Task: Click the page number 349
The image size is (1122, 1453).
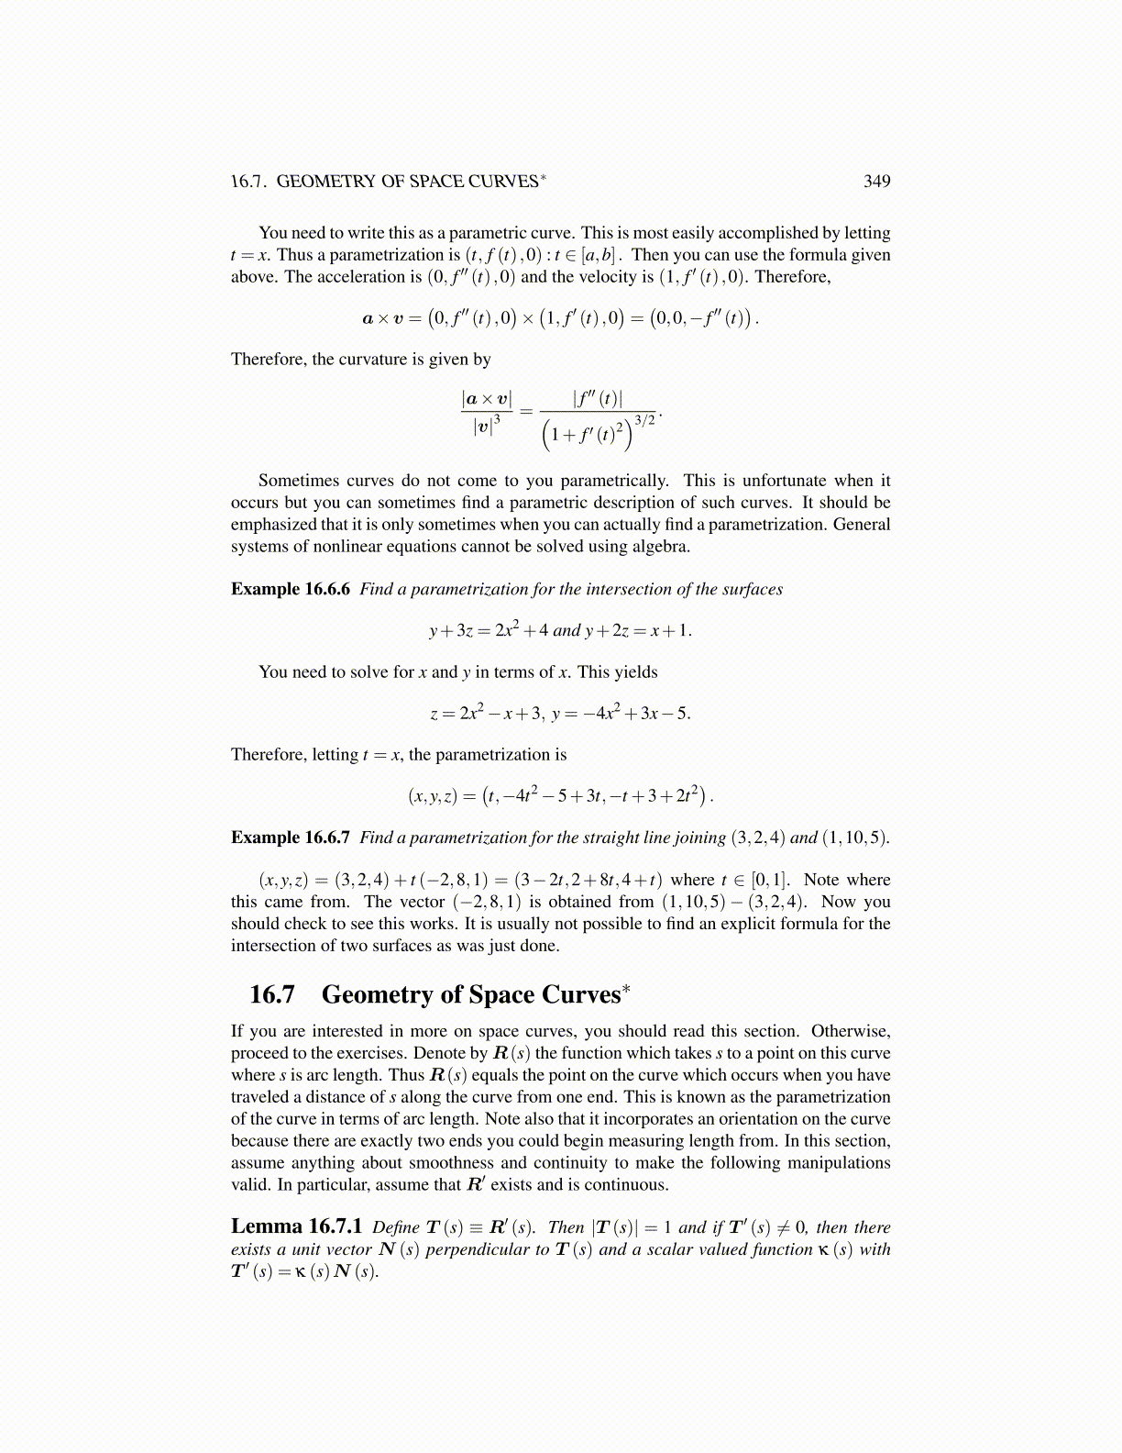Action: coord(876,182)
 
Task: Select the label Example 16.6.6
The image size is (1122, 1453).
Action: coord(290,589)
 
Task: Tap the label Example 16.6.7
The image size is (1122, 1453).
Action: coord(290,837)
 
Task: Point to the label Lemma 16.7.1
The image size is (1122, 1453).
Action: coord(296,1227)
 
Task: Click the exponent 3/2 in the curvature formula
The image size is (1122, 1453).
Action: coord(644,421)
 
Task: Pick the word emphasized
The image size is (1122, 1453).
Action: coord(274,525)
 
